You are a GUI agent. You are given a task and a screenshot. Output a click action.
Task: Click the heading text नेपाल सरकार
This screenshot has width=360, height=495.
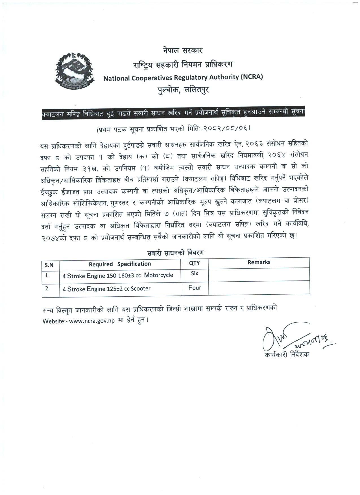pyautogui.click(x=183, y=51)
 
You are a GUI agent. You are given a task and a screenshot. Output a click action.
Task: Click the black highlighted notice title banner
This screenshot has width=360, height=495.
pyautogui.click(x=173, y=114)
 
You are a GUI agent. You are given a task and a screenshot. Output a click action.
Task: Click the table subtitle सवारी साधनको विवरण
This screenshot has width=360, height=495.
pyautogui.click(x=175, y=253)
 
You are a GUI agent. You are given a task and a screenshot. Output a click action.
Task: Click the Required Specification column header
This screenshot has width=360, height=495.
pyautogui.click(x=120, y=264)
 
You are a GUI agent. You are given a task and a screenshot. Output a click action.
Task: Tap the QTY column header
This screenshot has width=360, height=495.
pyautogui.click(x=194, y=263)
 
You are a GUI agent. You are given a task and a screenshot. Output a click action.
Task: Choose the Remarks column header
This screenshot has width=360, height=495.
pyautogui.click(x=259, y=262)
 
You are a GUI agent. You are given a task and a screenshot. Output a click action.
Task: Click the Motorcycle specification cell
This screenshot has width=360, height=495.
pyautogui.click(x=118, y=275)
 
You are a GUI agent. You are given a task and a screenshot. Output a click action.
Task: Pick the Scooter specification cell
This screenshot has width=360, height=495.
pyautogui.click(x=106, y=289)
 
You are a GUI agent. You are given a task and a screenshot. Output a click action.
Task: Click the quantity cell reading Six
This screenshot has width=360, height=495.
pyautogui.click(x=195, y=273)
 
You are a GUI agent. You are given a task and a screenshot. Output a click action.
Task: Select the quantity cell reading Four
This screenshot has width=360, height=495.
pyautogui.click(x=195, y=288)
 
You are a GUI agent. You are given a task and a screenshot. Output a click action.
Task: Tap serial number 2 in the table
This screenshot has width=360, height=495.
pyautogui.click(x=47, y=288)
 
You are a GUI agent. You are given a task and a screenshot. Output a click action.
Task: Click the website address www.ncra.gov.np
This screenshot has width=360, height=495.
pyautogui.click(x=92, y=321)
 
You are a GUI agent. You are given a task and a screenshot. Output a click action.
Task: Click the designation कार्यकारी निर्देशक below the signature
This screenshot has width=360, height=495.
pyautogui.click(x=286, y=355)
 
